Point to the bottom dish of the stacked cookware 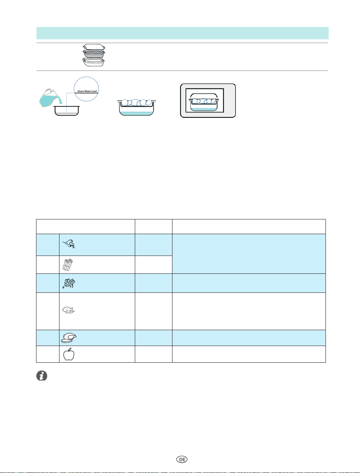[94, 62]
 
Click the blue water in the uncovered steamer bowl [136, 113]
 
